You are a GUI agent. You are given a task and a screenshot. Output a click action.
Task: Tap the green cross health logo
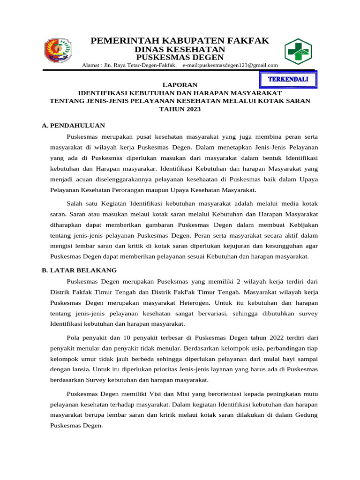[x=298, y=52]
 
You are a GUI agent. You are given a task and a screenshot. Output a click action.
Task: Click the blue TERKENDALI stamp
[x=288, y=79]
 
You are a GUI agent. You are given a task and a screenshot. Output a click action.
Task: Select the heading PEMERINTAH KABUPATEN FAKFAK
[x=180, y=41]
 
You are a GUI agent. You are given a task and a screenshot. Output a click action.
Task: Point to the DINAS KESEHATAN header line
[x=180, y=50]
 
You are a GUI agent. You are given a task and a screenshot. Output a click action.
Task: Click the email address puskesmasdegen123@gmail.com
[x=230, y=65]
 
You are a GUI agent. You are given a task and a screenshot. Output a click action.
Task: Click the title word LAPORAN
[x=180, y=84]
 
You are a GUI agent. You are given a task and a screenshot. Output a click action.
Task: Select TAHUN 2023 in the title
[x=180, y=109]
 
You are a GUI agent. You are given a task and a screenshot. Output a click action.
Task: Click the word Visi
[x=161, y=393]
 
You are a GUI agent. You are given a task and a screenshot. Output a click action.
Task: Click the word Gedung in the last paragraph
[x=307, y=415]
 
